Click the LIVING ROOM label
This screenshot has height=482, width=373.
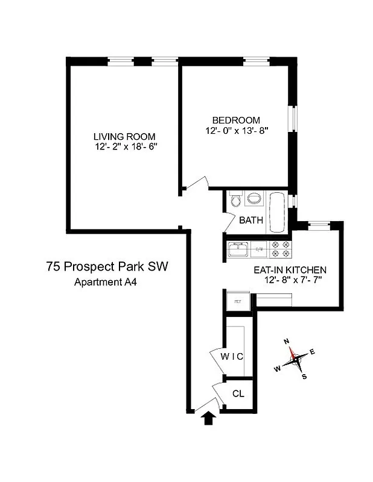[124, 136]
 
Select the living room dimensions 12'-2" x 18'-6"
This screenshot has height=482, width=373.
[124, 146]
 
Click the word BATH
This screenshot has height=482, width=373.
[251, 220]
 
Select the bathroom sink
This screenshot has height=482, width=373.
[255, 199]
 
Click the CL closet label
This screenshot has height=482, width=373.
[238, 393]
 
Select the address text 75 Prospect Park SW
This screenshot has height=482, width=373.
[106, 266]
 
